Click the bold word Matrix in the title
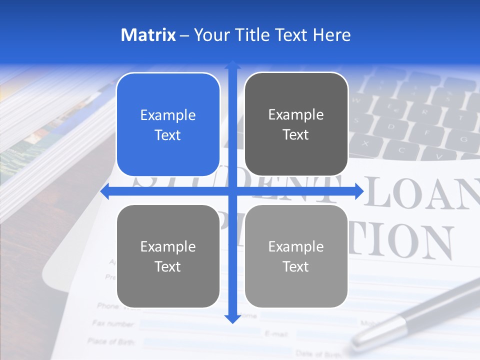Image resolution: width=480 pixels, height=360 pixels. (x=148, y=35)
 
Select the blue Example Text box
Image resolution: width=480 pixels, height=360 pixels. (x=168, y=125)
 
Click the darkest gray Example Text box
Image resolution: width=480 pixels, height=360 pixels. (x=296, y=124)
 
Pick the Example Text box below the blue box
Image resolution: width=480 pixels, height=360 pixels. (x=168, y=256)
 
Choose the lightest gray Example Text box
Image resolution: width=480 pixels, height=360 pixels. (x=296, y=256)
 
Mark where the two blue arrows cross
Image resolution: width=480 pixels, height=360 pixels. (x=232, y=191)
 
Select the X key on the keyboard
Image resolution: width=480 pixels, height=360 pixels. (x=365, y=143)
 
